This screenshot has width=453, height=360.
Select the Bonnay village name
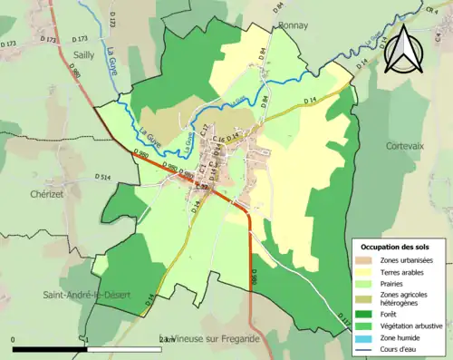[x=293, y=26]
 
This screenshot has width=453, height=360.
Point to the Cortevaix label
[x=405, y=145]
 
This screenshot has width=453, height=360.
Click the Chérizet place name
[x=45, y=193]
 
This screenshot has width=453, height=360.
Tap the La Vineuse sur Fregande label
[x=207, y=338]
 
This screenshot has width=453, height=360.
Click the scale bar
[x=91, y=347]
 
